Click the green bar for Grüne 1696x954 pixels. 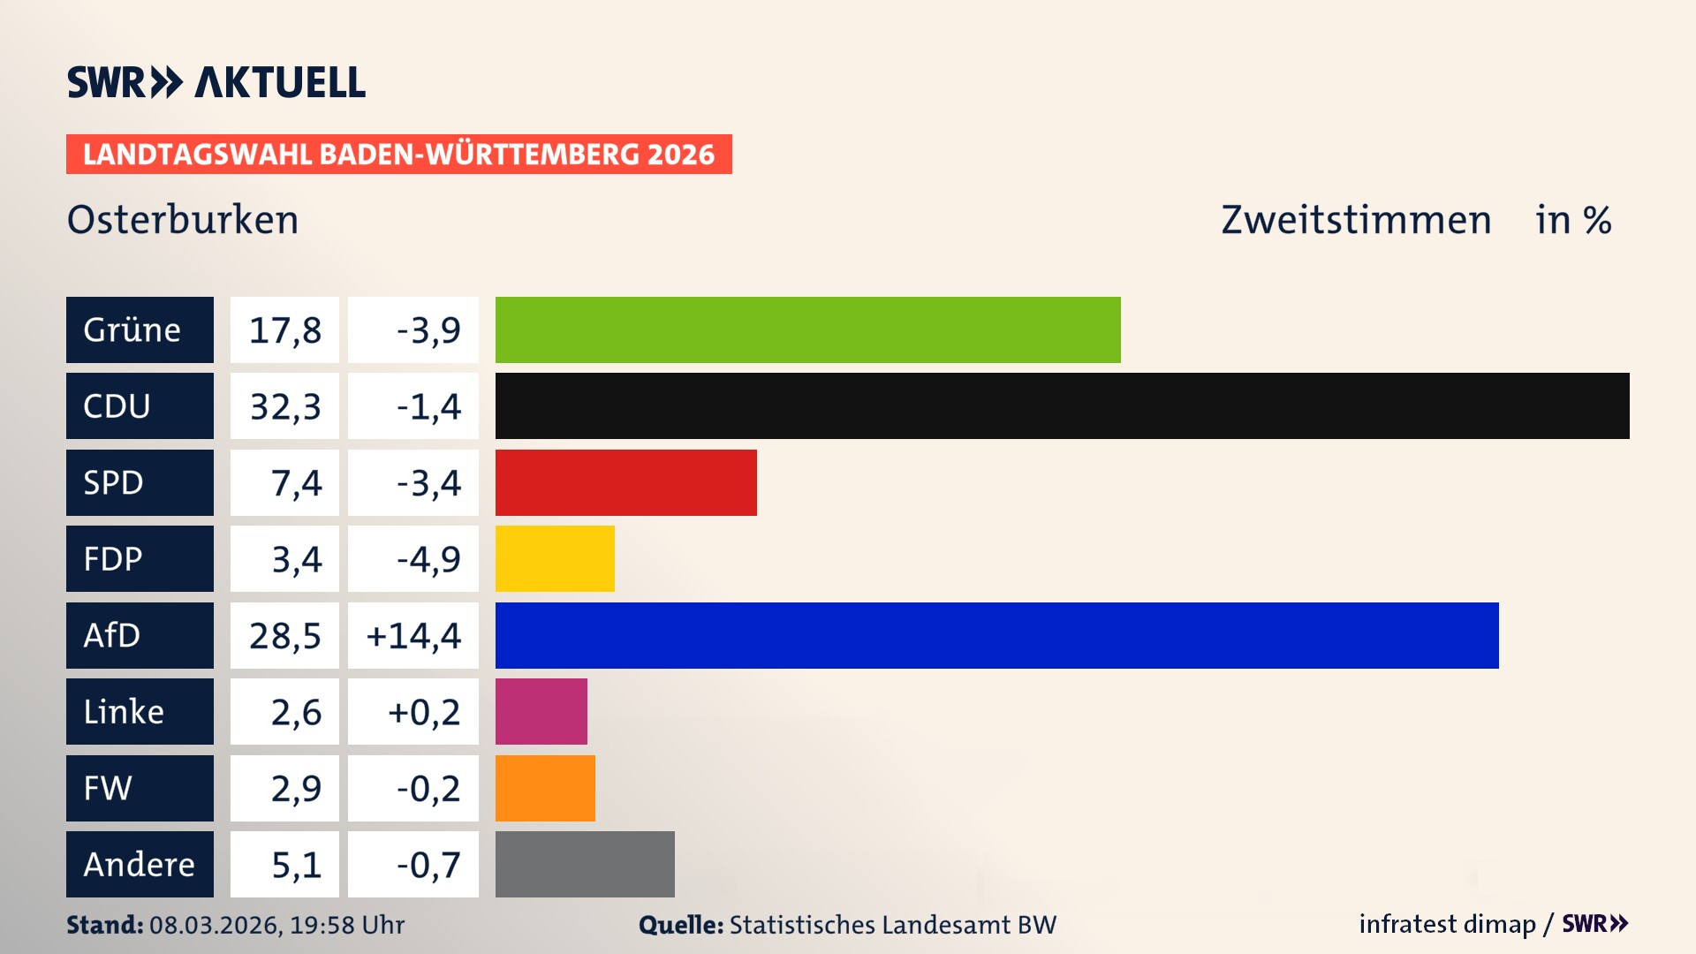[x=807, y=329]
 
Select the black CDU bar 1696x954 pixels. [x=1062, y=406]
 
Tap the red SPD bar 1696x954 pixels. [x=625, y=482]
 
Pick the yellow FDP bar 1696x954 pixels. [x=555, y=559]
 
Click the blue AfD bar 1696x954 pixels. [x=996, y=635]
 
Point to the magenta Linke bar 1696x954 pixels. [x=541, y=712]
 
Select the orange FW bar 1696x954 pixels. [x=545, y=788]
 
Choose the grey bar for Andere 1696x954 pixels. [x=585, y=864]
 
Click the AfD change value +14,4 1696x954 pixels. [x=413, y=636]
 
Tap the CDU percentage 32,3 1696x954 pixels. [x=284, y=407]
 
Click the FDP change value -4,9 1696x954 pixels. [x=428, y=559]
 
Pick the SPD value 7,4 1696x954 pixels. [x=296, y=483]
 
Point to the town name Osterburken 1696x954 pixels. [x=183, y=220]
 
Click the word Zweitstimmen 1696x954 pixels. [x=1356, y=220]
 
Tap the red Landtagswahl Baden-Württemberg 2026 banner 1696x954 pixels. [x=398, y=155]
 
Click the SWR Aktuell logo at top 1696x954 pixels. [x=216, y=82]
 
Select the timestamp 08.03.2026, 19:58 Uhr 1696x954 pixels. [x=276, y=925]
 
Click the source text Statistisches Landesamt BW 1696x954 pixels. [x=892, y=925]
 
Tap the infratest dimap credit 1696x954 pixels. [x=1447, y=924]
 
